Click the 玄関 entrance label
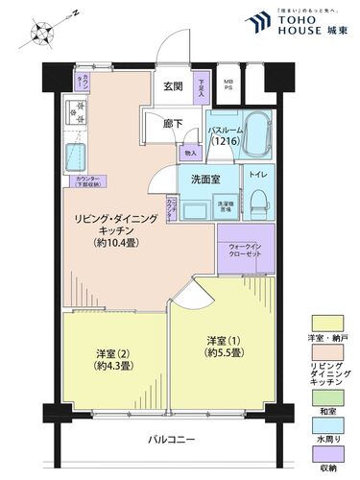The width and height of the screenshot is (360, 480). (x=173, y=87)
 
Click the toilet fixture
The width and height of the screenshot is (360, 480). (x=258, y=201)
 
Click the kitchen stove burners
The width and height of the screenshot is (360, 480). (x=76, y=114)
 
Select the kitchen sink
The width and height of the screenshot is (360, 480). (x=74, y=156)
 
